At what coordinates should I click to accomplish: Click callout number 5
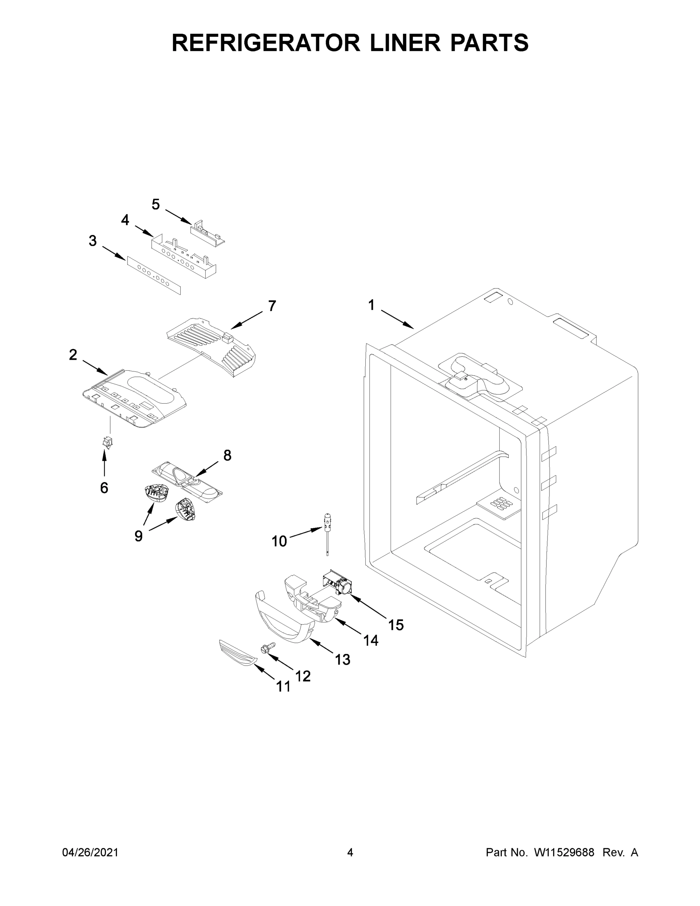coord(155,205)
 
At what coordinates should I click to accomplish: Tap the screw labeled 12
coord(268,647)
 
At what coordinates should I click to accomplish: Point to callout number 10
coord(279,541)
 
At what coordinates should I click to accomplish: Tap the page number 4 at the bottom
coord(350,852)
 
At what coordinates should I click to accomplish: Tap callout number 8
coord(227,456)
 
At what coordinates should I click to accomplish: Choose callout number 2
coord(73,355)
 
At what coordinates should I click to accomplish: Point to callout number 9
coord(138,536)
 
